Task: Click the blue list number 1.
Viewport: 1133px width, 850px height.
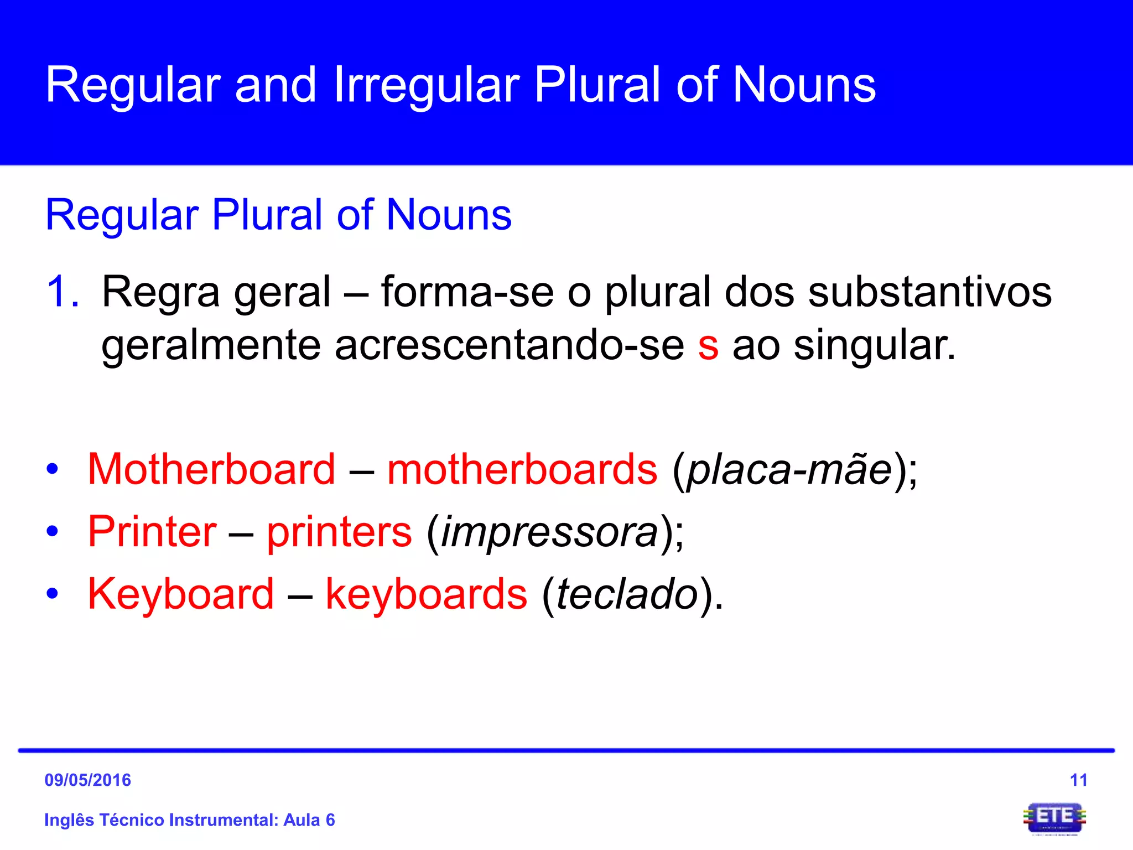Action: tap(63, 292)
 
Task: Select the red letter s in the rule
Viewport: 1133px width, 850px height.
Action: tap(708, 345)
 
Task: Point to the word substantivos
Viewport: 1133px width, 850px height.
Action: tap(929, 292)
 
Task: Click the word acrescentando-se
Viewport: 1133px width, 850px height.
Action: tap(509, 345)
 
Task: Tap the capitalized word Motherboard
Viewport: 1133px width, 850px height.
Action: tap(211, 469)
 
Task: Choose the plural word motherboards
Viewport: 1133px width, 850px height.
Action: tap(522, 469)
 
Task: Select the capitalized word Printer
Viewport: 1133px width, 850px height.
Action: tap(152, 532)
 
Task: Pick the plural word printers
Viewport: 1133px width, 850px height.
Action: tap(339, 532)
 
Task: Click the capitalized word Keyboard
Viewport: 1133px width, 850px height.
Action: tap(181, 594)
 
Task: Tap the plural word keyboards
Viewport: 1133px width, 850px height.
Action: tap(426, 594)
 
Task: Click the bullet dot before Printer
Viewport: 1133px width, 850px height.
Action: tap(53, 532)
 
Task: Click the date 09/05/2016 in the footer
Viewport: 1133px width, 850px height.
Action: tap(88, 780)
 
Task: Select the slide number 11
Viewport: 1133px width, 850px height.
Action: tap(1078, 780)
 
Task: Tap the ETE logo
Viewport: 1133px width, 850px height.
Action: tap(1054, 818)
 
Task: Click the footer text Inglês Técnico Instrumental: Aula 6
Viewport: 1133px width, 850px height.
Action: tap(190, 820)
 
